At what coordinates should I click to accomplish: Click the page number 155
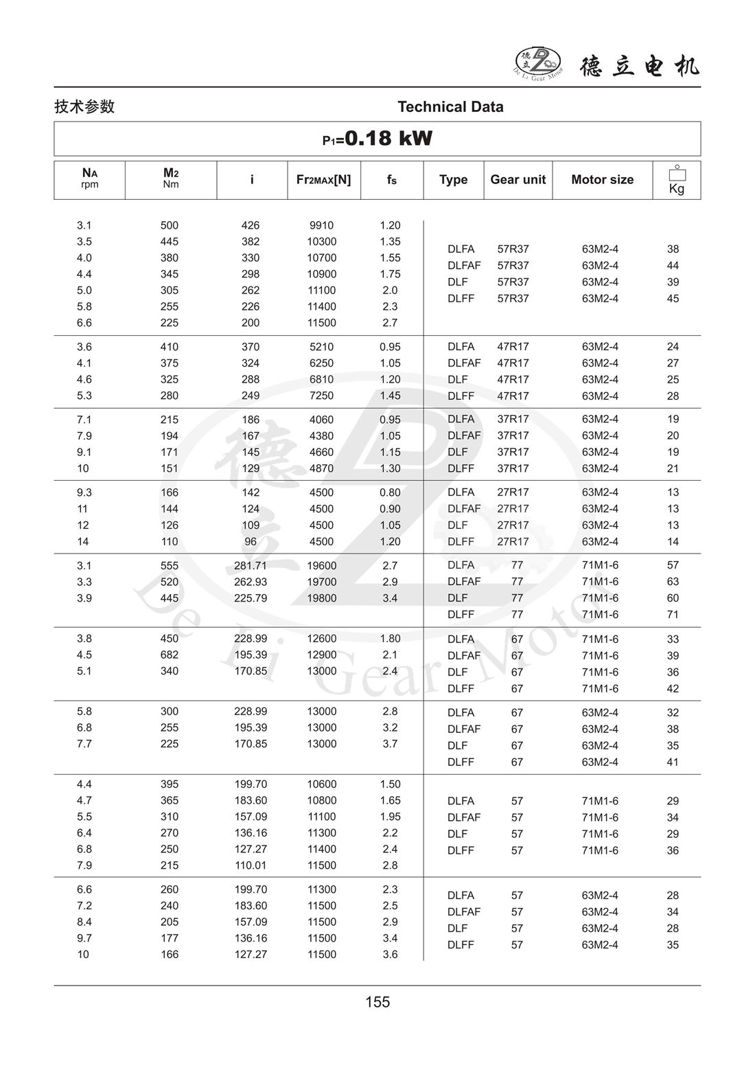pyautogui.click(x=377, y=1002)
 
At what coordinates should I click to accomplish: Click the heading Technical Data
pyautogui.click(x=450, y=107)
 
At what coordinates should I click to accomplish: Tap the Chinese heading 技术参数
pyautogui.click(x=84, y=106)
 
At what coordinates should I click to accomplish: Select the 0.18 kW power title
pyautogui.click(x=377, y=139)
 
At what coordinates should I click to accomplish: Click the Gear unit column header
pyautogui.click(x=518, y=180)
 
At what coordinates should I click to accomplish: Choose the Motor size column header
pyautogui.click(x=602, y=180)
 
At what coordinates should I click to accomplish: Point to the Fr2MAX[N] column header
pyautogui.click(x=323, y=180)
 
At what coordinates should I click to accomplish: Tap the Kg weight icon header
pyautogui.click(x=676, y=181)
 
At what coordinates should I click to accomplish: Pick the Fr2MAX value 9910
pyautogui.click(x=321, y=225)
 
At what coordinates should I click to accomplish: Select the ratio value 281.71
pyautogui.click(x=251, y=566)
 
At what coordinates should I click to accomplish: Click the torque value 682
pyautogui.click(x=170, y=655)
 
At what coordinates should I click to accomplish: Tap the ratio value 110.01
pyautogui.click(x=251, y=865)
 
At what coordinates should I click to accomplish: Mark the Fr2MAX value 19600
pyautogui.click(x=321, y=566)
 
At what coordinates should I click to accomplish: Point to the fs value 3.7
pyautogui.click(x=390, y=744)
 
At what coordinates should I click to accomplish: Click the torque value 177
pyautogui.click(x=170, y=938)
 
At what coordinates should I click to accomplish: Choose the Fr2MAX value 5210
pyautogui.click(x=321, y=347)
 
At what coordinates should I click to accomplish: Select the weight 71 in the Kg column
pyautogui.click(x=673, y=615)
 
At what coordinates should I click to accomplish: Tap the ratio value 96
pyautogui.click(x=251, y=542)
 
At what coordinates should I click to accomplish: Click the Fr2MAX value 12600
pyautogui.click(x=321, y=639)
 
